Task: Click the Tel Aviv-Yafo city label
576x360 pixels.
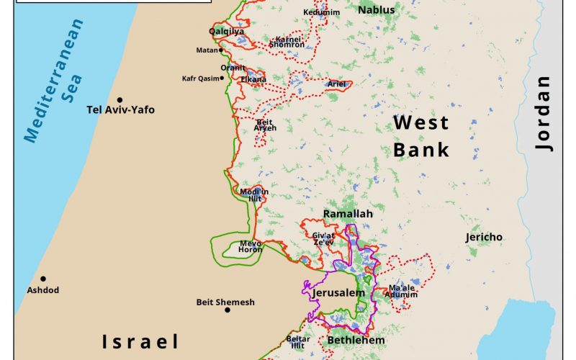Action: pyautogui.click(x=120, y=110)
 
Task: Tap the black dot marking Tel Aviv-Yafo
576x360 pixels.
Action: pyautogui.click(x=120, y=100)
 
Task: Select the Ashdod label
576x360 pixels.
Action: pyautogui.click(x=43, y=290)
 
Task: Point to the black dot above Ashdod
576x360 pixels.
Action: pyautogui.click(x=43, y=279)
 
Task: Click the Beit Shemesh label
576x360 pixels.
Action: pyautogui.click(x=225, y=302)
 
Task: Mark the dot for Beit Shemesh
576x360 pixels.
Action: pyautogui.click(x=228, y=310)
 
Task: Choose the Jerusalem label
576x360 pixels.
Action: pyautogui.click(x=338, y=294)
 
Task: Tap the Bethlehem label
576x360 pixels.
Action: pyautogui.click(x=356, y=340)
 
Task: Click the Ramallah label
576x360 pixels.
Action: pyautogui.click(x=348, y=215)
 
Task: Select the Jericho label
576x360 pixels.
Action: pyautogui.click(x=484, y=237)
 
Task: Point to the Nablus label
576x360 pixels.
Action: pyautogui.click(x=377, y=10)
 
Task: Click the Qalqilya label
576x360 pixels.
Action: pyautogui.click(x=226, y=32)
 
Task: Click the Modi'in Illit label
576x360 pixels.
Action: pyautogui.click(x=254, y=194)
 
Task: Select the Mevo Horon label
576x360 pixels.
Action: pyautogui.click(x=251, y=246)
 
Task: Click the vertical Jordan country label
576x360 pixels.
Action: pyautogui.click(x=545, y=114)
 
